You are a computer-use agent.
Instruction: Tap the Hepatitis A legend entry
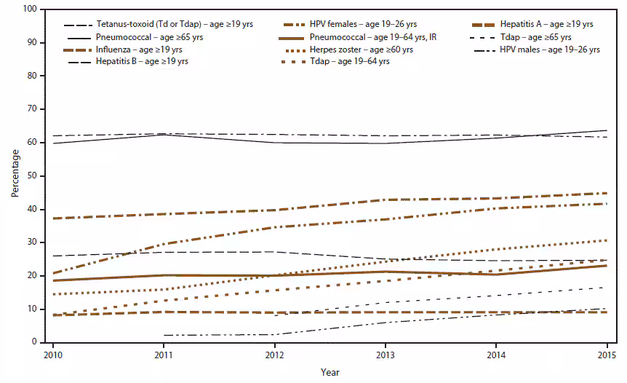[542, 24]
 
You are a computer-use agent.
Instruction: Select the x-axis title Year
[329, 372]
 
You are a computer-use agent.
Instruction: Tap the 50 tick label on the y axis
[32, 175]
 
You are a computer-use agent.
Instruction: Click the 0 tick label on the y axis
[34, 342]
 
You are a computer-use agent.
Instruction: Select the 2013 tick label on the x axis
[386, 354]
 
